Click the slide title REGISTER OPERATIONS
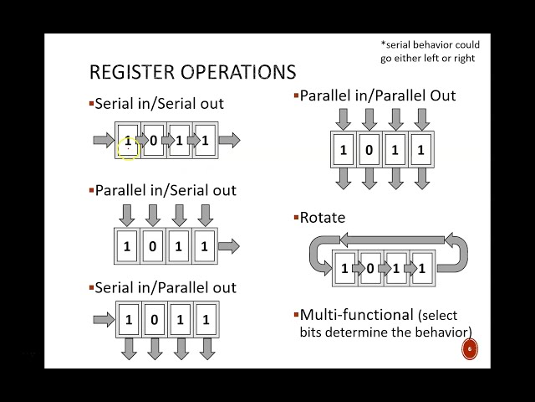click(192, 72)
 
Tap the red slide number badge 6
click(469, 349)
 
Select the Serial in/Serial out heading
click(159, 104)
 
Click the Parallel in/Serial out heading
click(166, 190)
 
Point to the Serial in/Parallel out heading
click(166, 287)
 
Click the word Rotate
click(323, 218)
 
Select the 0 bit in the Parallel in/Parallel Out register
click(369, 151)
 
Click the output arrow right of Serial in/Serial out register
click(229, 140)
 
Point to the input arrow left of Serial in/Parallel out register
click(104, 319)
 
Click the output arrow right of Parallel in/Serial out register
click(229, 246)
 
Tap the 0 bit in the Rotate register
click(370, 269)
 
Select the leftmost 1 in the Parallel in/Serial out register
click(127, 247)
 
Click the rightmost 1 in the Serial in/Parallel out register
click(206, 320)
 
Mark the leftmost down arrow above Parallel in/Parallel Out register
click(343, 119)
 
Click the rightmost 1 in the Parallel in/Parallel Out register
click(420, 151)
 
